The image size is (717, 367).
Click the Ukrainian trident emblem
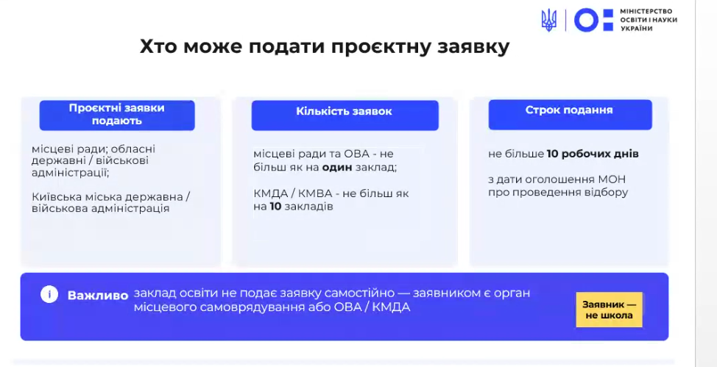pyautogui.click(x=548, y=20)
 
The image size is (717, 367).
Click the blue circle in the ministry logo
pyautogui.click(x=586, y=20)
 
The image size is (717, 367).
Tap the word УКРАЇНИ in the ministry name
pyautogui.click(x=637, y=29)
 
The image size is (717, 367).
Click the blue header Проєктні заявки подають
pyautogui.click(x=117, y=115)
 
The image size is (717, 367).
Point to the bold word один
pyautogui.click(x=337, y=167)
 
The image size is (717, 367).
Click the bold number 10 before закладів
pyautogui.click(x=275, y=207)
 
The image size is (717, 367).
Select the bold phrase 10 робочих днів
pyautogui.click(x=593, y=154)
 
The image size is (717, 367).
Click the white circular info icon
pyautogui.click(x=49, y=295)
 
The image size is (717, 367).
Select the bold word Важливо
pyautogui.click(x=98, y=296)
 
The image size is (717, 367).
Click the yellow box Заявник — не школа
pyautogui.click(x=609, y=310)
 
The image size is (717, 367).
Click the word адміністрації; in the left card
pyautogui.click(x=71, y=173)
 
